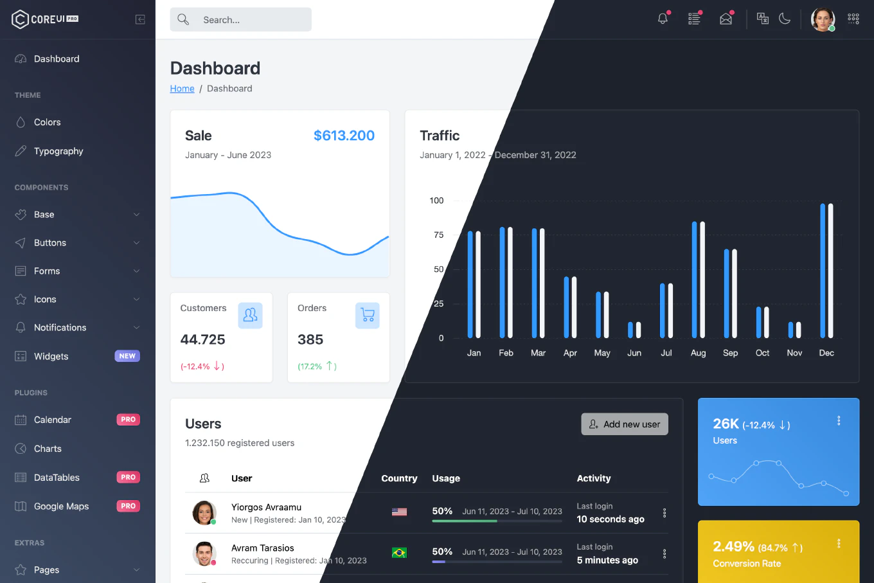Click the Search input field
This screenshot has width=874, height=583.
click(x=251, y=20)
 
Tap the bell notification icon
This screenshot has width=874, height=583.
click(x=663, y=19)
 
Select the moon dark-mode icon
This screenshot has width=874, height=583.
click(x=785, y=19)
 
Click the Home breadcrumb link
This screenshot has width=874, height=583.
click(x=182, y=89)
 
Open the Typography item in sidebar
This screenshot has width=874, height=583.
click(x=58, y=151)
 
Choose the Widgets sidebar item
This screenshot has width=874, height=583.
click(x=51, y=356)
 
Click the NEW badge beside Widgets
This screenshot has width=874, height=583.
click(x=127, y=356)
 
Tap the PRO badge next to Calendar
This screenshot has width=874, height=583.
click(x=128, y=420)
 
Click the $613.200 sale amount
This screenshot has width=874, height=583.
click(x=344, y=136)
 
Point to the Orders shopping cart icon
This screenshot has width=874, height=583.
click(x=368, y=315)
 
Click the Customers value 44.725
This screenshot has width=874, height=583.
click(x=202, y=339)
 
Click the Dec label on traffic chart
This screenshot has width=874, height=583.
click(x=826, y=353)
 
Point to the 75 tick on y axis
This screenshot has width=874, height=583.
click(x=438, y=235)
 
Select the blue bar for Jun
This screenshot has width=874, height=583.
click(x=630, y=330)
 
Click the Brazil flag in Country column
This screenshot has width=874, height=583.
click(x=399, y=553)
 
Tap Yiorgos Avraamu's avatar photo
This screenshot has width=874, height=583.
click(x=204, y=512)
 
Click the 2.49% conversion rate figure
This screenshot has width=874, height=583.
click(x=733, y=546)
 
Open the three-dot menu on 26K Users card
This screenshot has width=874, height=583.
click(x=839, y=420)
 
